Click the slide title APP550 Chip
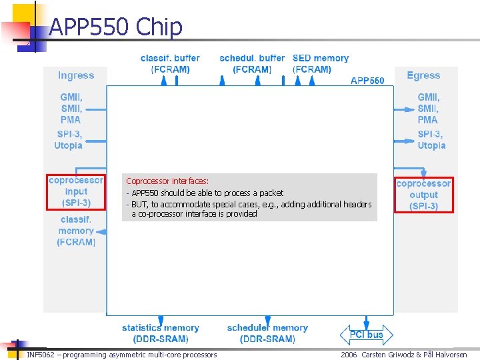tap(115, 27)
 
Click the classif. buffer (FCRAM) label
tap(170, 63)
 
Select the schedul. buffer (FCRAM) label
tap(252, 63)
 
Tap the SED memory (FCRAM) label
tap(320, 63)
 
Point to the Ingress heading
tap(76, 76)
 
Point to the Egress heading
tap(423, 76)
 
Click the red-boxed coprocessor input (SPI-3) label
tap(76, 191)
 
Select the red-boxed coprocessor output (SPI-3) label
tap(424, 195)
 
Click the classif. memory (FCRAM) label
tap(76, 231)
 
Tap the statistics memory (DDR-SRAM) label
tap(160, 333)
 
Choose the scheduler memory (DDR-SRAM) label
tap(267, 333)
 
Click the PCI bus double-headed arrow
tap(367, 335)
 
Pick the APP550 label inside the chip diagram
tap(367, 81)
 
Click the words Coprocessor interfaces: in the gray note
tap(167, 181)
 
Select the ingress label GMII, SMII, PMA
tap(71, 109)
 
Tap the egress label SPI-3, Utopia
tap(431, 139)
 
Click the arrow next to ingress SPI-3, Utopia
tap(96, 141)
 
